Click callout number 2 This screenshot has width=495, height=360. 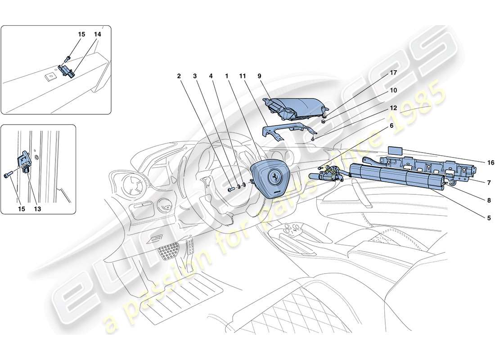(x=179, y=77)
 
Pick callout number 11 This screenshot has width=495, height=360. (x=243, y=77)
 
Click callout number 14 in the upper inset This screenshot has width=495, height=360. (x=98, y=34)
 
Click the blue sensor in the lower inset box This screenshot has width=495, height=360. (x=26, y=162)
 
